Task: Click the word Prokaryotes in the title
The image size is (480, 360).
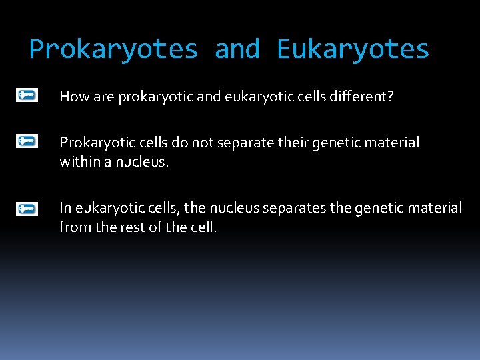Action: [114, 50]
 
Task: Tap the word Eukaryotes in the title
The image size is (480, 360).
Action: [353, 50]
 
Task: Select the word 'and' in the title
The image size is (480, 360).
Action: [237, 50]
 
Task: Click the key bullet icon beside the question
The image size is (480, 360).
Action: [27, 96]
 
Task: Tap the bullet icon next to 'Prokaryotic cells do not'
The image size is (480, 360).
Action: [27, 141]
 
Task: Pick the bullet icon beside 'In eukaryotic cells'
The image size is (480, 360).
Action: [27, 209]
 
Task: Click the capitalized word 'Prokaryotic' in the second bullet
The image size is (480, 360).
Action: [93, 143]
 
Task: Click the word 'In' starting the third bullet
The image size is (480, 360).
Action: [65, 209]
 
